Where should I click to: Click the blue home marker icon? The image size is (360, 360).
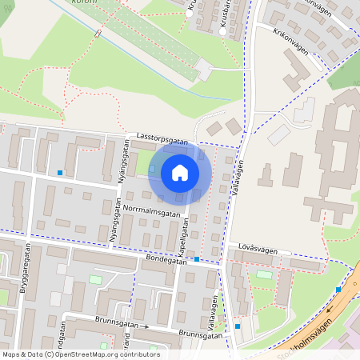(180, 172)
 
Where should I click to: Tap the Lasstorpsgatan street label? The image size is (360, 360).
(162, 138)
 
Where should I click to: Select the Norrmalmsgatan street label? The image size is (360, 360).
(152, 212)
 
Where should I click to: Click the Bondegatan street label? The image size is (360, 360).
(166, 260)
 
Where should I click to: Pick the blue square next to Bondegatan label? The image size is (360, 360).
(197, 259)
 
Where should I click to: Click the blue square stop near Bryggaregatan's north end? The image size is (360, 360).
(59, 173)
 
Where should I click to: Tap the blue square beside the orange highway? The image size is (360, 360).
(338, 290)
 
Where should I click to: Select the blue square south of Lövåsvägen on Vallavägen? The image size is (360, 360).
(238, 326)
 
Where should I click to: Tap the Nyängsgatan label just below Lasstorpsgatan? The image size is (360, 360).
(124, 162)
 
